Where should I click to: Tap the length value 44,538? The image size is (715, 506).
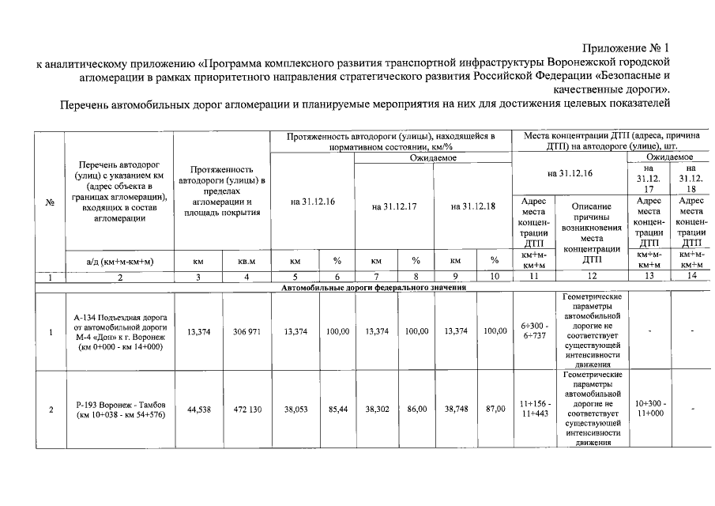pos(198,410)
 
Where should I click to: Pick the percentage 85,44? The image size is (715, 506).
pos(339,410)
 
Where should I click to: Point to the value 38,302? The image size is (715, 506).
pos(377,410)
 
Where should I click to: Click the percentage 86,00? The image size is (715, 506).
pos(416,410)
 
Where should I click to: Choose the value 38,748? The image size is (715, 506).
pos(456,410)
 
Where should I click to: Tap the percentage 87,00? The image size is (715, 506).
pos(495,410)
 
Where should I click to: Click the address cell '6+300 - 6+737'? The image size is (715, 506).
pos(535,331)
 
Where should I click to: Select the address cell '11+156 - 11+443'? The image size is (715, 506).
pos(535,410)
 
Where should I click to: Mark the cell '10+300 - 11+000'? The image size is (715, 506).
pos(649,410)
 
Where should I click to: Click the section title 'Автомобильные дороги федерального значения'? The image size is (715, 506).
pos(374,288)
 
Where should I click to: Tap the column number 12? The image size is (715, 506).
pos(592,277)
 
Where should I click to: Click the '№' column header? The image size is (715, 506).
pos(51,202)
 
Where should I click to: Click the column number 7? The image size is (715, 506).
pos(377,277)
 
